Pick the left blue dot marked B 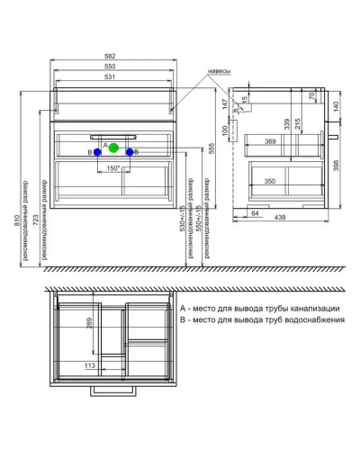point(96,153)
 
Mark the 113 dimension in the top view point(90,367)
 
